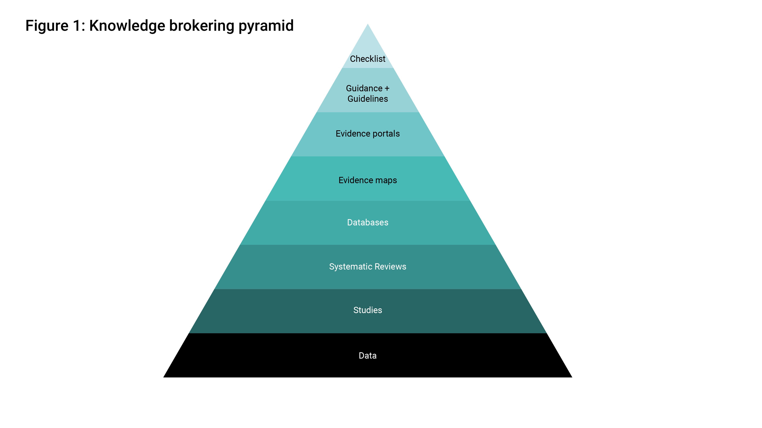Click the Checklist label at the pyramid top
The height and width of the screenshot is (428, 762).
pos(367,59)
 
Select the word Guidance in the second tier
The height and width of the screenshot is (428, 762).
pos(364,88)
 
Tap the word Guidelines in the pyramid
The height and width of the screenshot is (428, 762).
pos(367,99)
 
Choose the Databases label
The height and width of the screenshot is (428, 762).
pos(367,222)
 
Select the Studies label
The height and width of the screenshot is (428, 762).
pos(367,310)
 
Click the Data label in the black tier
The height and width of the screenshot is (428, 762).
pos(367,356)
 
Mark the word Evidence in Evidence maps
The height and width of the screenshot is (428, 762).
pos(355,180)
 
